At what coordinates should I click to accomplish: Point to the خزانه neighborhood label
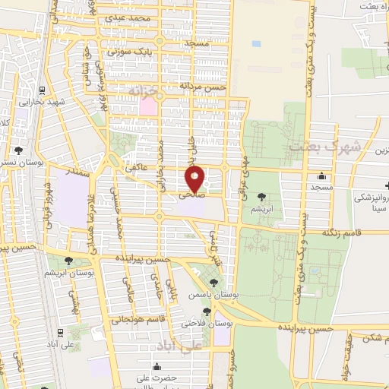tap(147, 90)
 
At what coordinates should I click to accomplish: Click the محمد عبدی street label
tap(125, 16)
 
